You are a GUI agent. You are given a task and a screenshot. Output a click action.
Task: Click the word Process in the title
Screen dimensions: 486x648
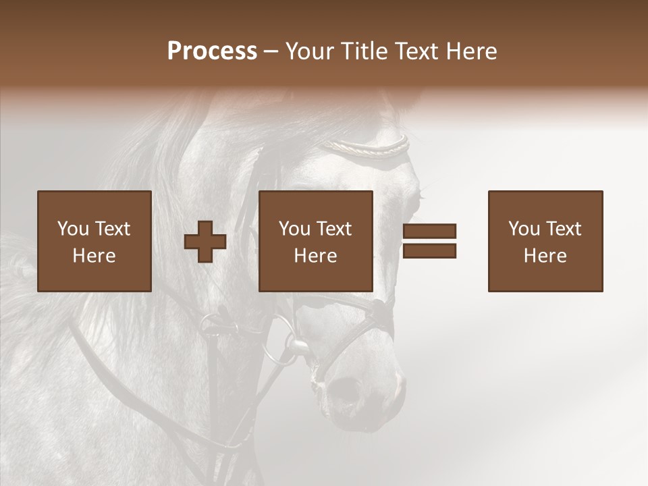[212, 51]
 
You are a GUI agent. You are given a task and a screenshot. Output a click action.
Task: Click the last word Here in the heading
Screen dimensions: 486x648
[470, 51]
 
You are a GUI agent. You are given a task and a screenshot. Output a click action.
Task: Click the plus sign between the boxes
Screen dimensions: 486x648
[205, 242]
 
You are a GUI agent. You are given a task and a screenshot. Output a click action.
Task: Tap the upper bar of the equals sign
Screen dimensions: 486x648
[429, 231]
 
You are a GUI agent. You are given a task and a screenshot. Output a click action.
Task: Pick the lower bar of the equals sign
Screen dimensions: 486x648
[429, 251]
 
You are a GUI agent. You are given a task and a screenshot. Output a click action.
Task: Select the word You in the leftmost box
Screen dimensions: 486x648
[72, 229]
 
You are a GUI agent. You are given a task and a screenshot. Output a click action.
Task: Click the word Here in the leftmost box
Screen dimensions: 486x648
[94, 256]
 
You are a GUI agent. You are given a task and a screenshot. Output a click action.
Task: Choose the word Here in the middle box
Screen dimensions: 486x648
[315, 256]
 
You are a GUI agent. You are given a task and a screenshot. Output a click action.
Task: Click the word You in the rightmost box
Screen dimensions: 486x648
[523, 229]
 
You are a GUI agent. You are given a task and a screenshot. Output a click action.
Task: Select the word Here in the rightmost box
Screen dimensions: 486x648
[545, 256]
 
